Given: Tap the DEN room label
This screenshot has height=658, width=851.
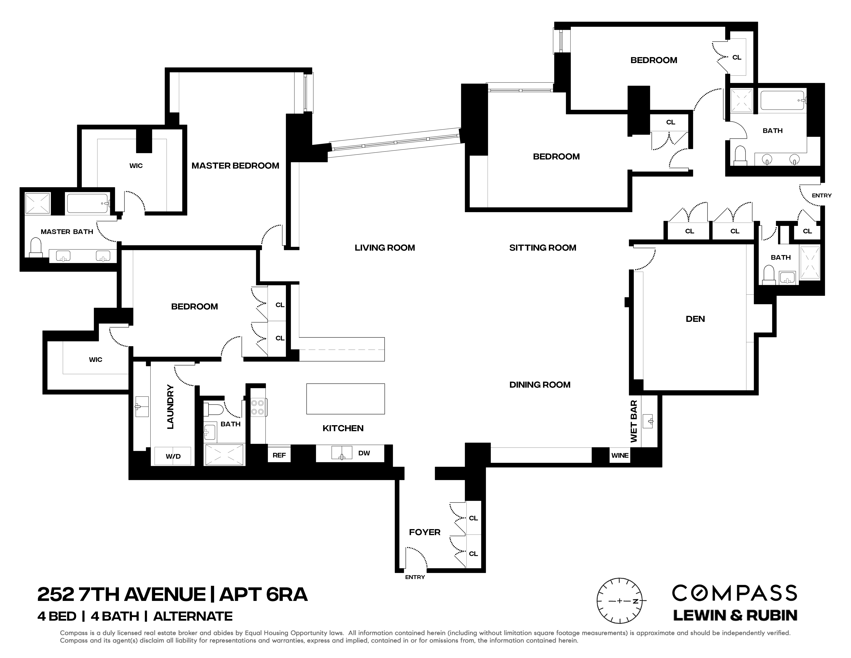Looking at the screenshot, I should pyautogui.click(x=695, y=319).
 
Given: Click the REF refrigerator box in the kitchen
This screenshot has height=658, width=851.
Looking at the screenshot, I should pyautogui.click(x=279, y=455).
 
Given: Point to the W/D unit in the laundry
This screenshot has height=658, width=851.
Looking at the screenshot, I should pyautogui.click(x=173, y=456).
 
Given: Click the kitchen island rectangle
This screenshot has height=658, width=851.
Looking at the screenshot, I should pyautogui.click(x=345, y=398).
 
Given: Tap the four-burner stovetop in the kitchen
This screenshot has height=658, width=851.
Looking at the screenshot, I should pyautogui.click(x=258, y=407).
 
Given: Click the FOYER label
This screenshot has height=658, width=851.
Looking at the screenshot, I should pyautogui.click(x=424, y=532).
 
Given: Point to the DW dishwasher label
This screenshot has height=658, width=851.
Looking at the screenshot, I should pyautogui.click(x=364, y=453).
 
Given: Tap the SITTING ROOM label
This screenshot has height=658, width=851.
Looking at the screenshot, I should pyautogui.click(x=542, y=248).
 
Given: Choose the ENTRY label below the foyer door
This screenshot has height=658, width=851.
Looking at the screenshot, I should pyautogui.click(x=415, y=577).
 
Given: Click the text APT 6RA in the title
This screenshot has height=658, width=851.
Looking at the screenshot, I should pyautogui.click(x=263, y=595).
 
